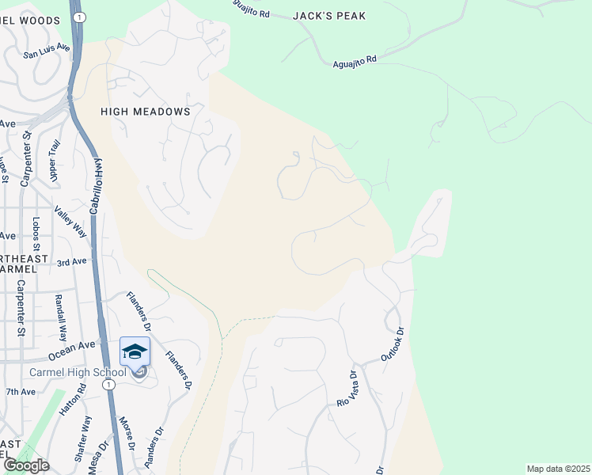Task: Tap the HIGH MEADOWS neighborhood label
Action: point(146,112)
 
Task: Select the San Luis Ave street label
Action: point(47,51)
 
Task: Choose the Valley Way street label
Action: point(70,222)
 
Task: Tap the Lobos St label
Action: point(36,235)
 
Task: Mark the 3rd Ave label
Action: point(70,260)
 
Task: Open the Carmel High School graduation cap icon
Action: point(135,351)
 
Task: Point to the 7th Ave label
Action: point(21,392)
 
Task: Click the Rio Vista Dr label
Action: point(347,389)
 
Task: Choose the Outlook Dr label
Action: point(392,345)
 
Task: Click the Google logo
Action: point(26,465)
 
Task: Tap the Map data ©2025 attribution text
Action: point(558,469)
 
